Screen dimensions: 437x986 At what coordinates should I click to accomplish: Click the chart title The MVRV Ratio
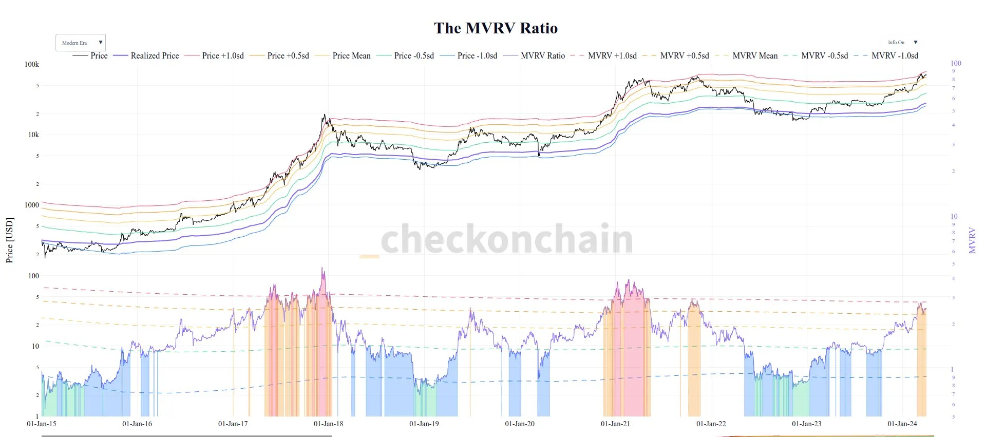496,28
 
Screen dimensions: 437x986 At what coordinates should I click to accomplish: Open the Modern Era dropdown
81,43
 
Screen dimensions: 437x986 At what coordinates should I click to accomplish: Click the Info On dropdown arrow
915,43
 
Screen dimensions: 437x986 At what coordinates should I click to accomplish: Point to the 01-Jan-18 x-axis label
329,424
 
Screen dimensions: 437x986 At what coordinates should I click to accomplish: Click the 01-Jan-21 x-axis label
615,424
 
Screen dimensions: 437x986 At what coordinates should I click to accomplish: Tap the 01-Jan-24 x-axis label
902,424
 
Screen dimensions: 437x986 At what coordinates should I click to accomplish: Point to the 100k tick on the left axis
32,64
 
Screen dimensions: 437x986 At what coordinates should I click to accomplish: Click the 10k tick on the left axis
33,135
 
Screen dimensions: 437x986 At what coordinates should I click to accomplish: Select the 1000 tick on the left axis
32,205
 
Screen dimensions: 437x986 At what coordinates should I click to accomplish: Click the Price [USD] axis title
9,240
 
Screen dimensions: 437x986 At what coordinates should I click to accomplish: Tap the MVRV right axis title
972,240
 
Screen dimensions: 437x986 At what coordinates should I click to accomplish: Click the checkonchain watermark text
507,239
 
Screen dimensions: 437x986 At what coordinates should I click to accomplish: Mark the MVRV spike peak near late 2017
323,268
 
